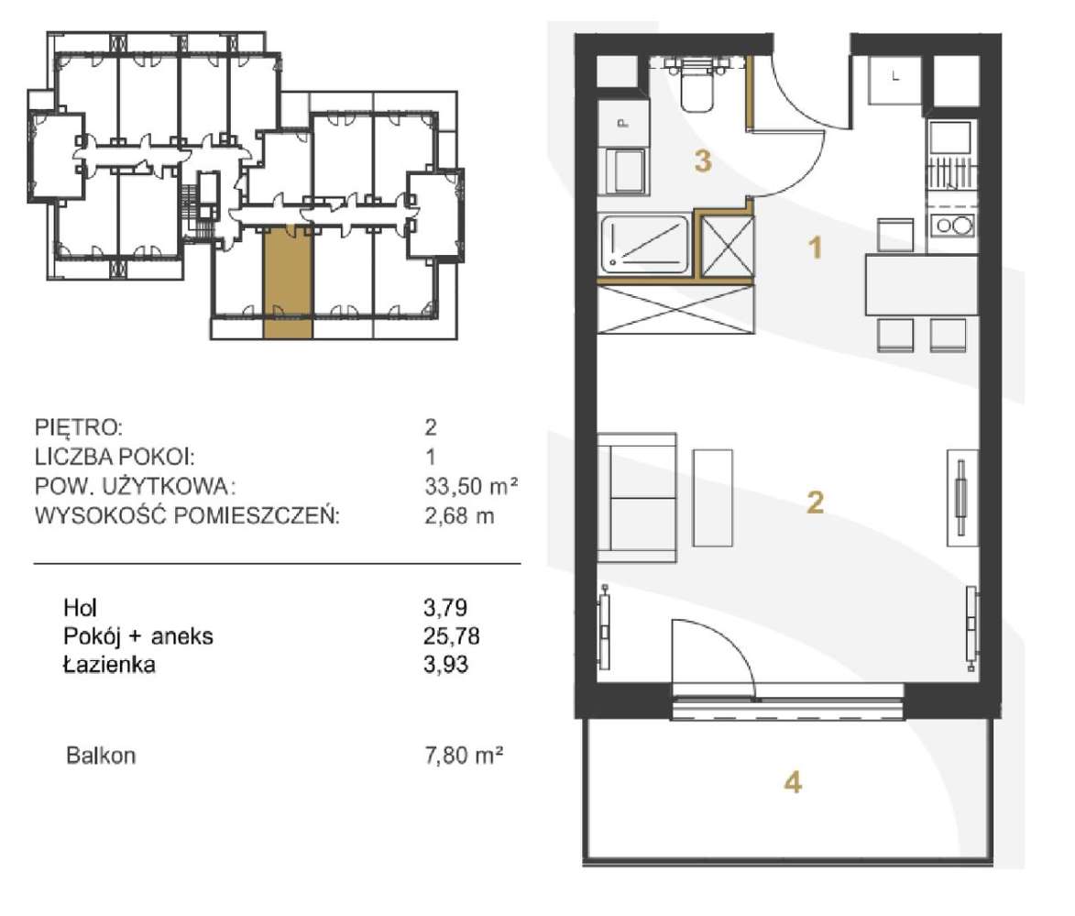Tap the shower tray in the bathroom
coord(645,244)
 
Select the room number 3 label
coord(703,162)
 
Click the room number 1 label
coord(815,247)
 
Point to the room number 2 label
coord(815,502)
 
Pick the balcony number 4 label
coord(793,782)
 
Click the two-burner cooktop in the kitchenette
coord(953,225)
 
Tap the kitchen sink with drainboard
coord(951,155)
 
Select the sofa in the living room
coord(637,498)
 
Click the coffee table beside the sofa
coord(712,498)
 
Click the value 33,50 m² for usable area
coord(471,486)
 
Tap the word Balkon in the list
coord(101,756)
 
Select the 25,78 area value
coord(451,636)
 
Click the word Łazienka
coord(109,664)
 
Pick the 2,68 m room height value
coord(458,515)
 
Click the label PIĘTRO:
coord(79,427)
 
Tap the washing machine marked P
coord(623,124)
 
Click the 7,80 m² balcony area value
coord(464,756)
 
